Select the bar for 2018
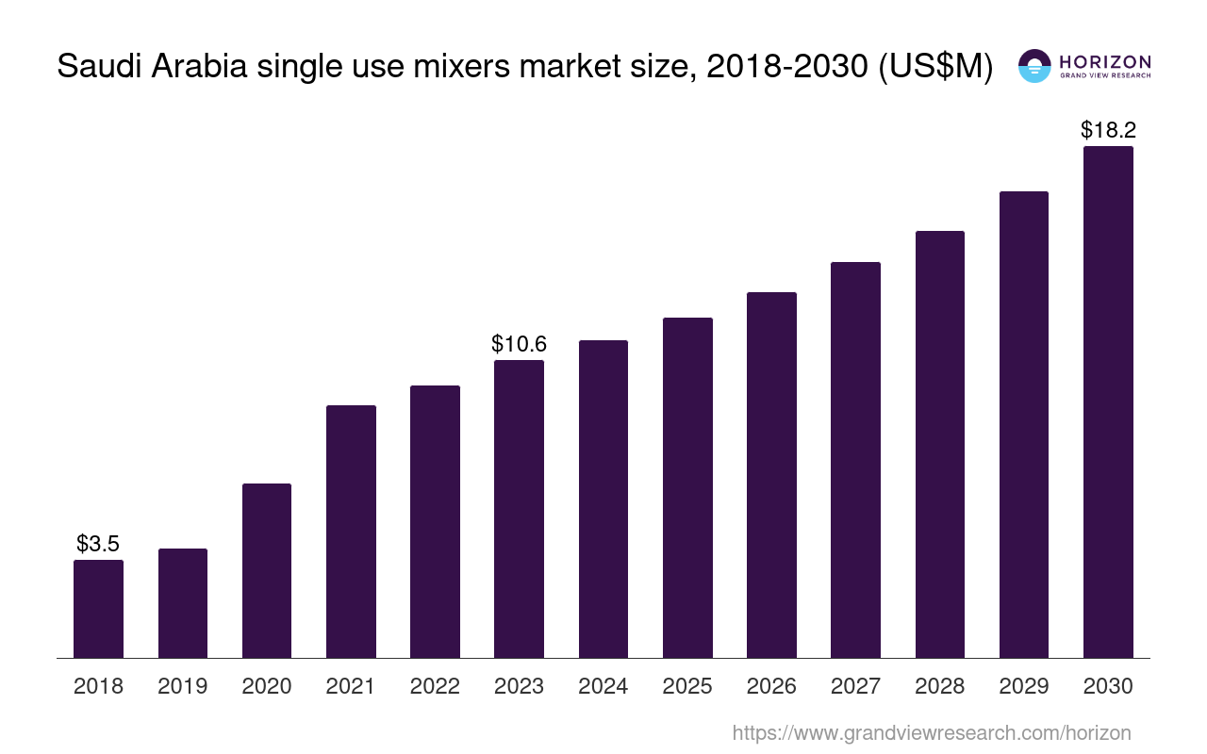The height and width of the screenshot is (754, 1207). point(98,609)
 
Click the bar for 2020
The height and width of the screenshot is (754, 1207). point(267,570)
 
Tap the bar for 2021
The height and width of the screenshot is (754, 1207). point(351,532)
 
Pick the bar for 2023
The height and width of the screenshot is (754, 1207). point(519,509)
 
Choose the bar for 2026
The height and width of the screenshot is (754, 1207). point(771,475)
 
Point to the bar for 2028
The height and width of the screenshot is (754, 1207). point(939,444)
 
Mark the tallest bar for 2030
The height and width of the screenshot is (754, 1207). point(1108,402)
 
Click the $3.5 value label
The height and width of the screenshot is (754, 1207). point(98,544)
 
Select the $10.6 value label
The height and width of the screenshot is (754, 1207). point(519,344)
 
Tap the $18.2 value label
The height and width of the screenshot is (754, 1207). point(1108,130)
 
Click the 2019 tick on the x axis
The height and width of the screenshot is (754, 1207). point(183,686)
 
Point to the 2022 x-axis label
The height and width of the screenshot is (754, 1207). point(435,686)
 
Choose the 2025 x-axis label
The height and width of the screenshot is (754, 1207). point(687,686)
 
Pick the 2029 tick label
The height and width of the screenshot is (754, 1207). point(1024,686)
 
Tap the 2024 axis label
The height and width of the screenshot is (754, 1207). point(603,686)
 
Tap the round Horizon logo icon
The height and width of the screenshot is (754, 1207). point(1034,66)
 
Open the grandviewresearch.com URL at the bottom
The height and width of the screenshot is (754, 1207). point(932,732)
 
